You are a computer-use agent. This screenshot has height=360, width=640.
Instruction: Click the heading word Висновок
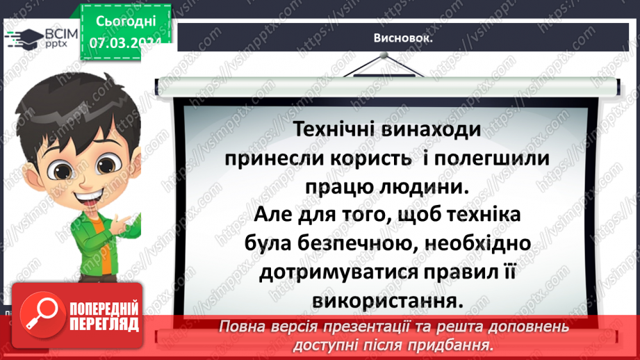(x=403, y=39)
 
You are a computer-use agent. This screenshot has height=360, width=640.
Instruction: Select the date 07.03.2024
(x=125, y=42)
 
